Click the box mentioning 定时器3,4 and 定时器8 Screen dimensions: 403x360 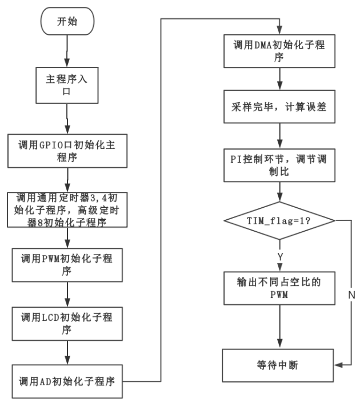coord(67,208)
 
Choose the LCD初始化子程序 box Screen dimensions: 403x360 coord(67,323)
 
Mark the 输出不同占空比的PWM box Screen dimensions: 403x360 coord(279,289)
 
